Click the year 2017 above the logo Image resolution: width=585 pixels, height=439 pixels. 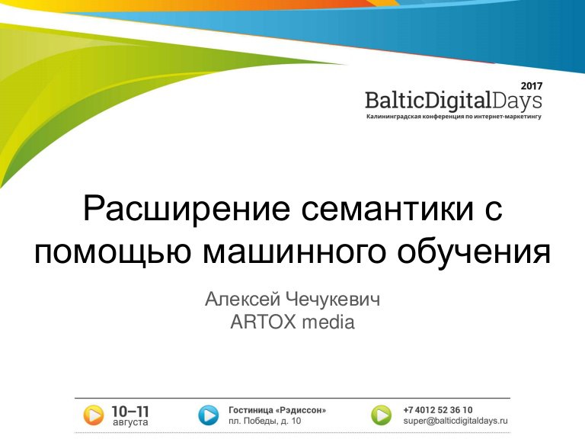[x=531, y=86]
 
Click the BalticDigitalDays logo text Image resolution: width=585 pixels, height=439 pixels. [x=453, y=101]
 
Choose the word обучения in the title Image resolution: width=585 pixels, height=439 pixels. [x=474, y=251]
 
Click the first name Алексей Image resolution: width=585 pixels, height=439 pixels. [x=242, y=300]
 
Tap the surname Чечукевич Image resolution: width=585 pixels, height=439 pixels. [x=333, y=300]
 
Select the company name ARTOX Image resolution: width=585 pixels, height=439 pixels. [x=263, y=322]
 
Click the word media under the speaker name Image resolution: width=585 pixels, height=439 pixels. [x=328, y=322]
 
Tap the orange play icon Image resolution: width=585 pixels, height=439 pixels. [x=93, y=415]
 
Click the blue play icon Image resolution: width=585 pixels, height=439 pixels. [x=208, y=415]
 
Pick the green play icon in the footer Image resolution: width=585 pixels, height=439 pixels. [x=382, y=415]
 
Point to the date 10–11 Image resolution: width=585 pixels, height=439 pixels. [x=130, y=412]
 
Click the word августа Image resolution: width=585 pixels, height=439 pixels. [x=130, y=422]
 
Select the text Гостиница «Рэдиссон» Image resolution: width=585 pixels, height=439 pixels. [x=277, y=410]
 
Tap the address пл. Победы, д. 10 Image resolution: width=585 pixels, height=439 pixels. [x=264, y=421]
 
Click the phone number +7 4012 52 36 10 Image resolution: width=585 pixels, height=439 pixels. [x=438, y=410]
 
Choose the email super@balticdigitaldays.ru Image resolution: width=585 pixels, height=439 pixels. [x=456, y=421]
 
